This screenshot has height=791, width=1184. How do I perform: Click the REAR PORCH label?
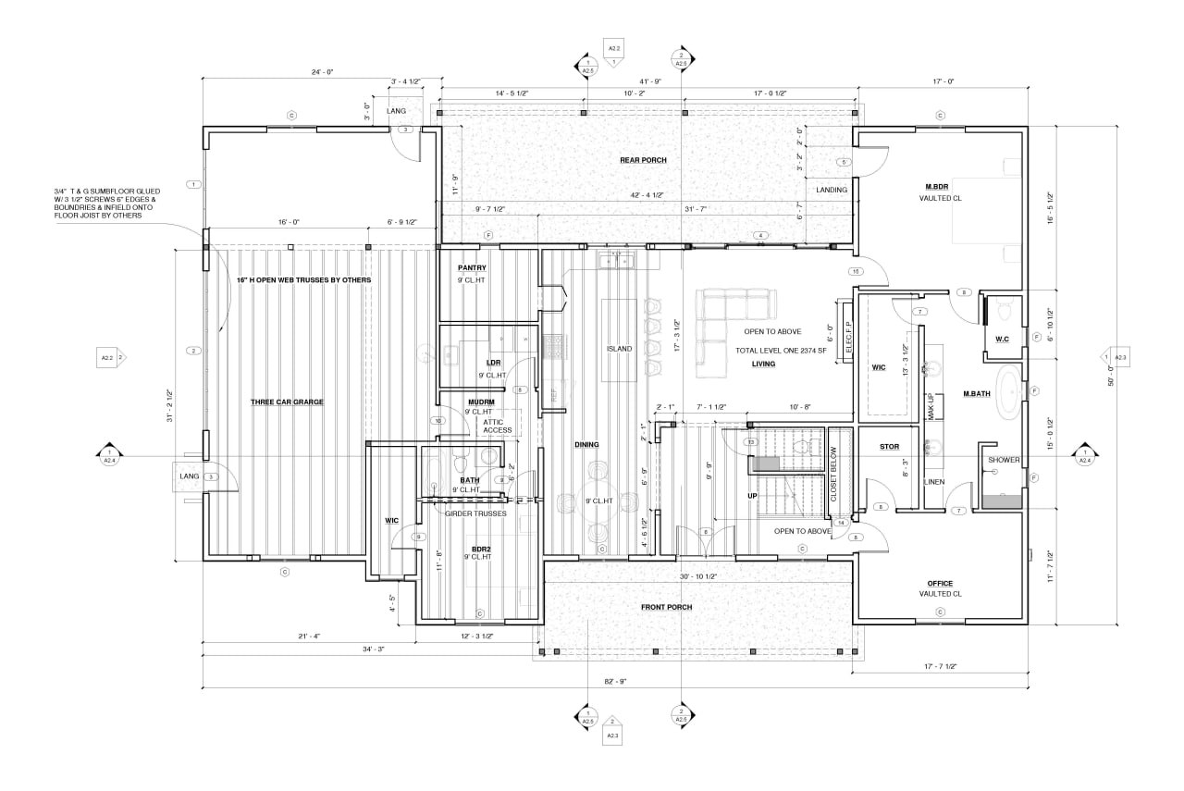coord(643,160)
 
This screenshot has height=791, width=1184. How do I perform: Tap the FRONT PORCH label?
coord(666,607)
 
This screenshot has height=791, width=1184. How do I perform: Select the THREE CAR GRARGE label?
coord(286,402)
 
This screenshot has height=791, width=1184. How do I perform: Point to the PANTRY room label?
coord(472,268)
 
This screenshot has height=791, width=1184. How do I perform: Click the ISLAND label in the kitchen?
coord(619,349)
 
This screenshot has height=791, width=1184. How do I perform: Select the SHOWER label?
coord(1004,460)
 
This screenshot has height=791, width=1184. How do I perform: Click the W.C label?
coord(1002,339)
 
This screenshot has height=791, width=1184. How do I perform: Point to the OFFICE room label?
coord(940,583)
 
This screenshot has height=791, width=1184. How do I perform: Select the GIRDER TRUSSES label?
coord(475,513)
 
